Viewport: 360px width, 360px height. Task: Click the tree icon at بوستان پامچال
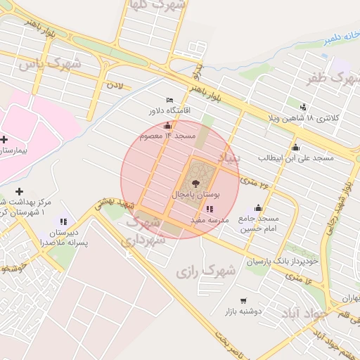[x=195, y=183]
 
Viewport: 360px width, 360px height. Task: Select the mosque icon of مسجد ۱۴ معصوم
[x=167, y=126]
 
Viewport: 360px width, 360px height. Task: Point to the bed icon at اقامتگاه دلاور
[x=169, y=101]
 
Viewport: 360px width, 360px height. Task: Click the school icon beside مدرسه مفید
[x=210, y=209]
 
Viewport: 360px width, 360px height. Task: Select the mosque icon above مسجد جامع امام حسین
[x=258, y=207]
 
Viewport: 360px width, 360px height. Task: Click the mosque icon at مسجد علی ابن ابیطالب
[x=295, y=148]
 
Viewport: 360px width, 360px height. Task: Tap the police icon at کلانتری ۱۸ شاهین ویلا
[x=303, y=107]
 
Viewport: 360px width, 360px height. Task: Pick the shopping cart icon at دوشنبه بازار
[x=244, y=300]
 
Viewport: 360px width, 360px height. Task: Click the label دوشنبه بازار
[x=243, y=310]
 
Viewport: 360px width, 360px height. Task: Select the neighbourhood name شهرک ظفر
[x=329, y=78]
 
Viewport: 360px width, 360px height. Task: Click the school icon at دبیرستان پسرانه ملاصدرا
[x=64, y=222]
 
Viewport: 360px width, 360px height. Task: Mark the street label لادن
[x=114, y=85]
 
